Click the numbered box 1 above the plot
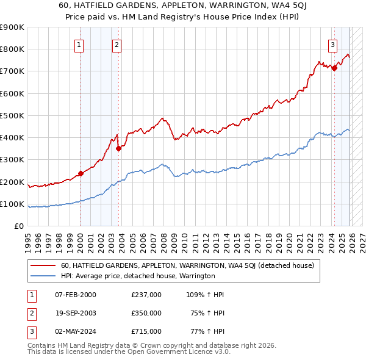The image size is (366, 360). (x=79, y=44)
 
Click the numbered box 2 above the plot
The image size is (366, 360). (x=116, y=44)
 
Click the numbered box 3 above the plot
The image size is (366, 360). (x=332, y=44)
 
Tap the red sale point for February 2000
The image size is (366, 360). (x=81, y=173)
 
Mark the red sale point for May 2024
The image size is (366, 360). (x=334, y=68)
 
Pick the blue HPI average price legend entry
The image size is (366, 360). (x=138, y=276)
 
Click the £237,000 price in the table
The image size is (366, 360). (x=146, y=295)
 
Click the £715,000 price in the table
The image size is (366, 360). (x=146, y=331)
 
